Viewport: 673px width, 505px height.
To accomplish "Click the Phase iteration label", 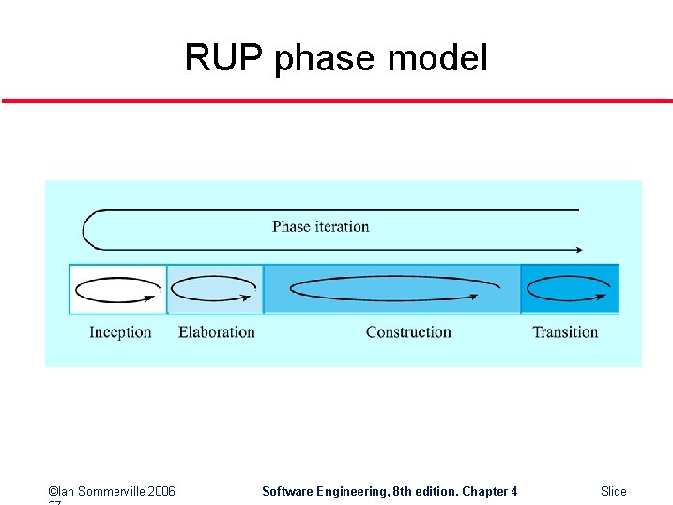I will (320, 226).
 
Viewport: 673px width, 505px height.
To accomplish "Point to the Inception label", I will (120, 332).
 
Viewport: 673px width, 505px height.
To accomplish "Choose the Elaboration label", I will (216, 332).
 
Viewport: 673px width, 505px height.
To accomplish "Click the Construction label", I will (408, 332).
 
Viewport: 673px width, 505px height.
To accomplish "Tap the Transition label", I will (565, 332).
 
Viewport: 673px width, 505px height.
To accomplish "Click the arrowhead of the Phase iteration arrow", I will (577, 250).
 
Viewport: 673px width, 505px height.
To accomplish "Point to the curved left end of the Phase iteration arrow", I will (85, 230).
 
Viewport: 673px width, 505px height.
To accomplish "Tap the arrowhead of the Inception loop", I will (150, 298).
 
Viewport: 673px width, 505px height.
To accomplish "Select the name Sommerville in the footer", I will (103, 491).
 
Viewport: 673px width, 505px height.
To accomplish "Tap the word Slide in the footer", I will (613, 491).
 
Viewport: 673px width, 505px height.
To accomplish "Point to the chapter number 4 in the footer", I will (513, 491).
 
